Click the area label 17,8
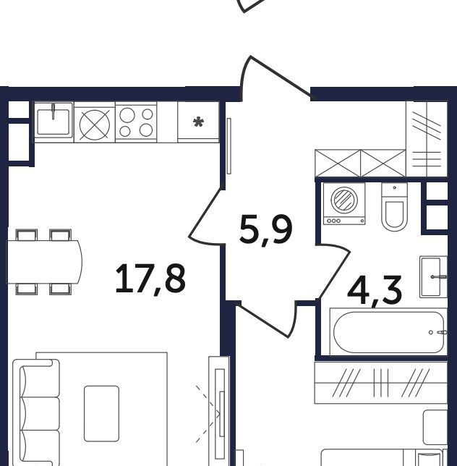click(150, 279)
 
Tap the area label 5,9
click(266, 229)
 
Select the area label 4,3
click(375, 291)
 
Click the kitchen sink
click(54, 120)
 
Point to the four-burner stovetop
click(136, 122)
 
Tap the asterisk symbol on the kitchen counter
click(198, 122)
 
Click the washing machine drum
click(344, 200)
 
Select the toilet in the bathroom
click(394, 206)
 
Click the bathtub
click(388, 332)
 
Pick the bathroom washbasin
click(433, 276)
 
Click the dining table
click(45, 262)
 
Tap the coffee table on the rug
click(101, 414)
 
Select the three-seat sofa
click(36, 412)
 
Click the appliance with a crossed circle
click(95, 124)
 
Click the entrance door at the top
click(276, 78)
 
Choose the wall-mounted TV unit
click(219, 411)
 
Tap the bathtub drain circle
click(430, 332)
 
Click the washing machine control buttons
click(334, 221)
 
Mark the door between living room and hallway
click(207, 213)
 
